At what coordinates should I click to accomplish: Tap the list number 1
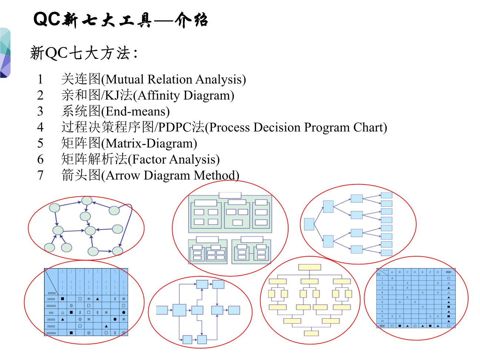pyautogui.click(x=40, y=79)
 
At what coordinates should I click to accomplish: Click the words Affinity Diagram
pyautogui.click(x=183, y=96)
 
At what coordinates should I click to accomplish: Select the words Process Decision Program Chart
pyautogui.click(x=296, y=127)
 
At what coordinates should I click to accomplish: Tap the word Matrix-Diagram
pyautogui.click(x=149, y=143)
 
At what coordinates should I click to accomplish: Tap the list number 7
pyautogui.click(x=40, y=175)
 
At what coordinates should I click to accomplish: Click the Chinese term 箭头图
pyautogui.click(x=81, y=175)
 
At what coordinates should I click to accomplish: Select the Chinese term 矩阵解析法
pyautogui.click(x=94, y=159)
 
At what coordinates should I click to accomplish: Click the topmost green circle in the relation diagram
pyautogui.click(x=87, y=201)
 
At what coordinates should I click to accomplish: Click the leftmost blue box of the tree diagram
pyautogui.click(x=309, y=224)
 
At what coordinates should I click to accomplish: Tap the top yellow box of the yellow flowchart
pyautogui.click(x=310, y=267)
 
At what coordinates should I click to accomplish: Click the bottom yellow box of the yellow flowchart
pyautogui.click(x=310, y=333)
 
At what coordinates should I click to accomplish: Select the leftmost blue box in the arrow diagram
pyautogui.click(x=162, y=310)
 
